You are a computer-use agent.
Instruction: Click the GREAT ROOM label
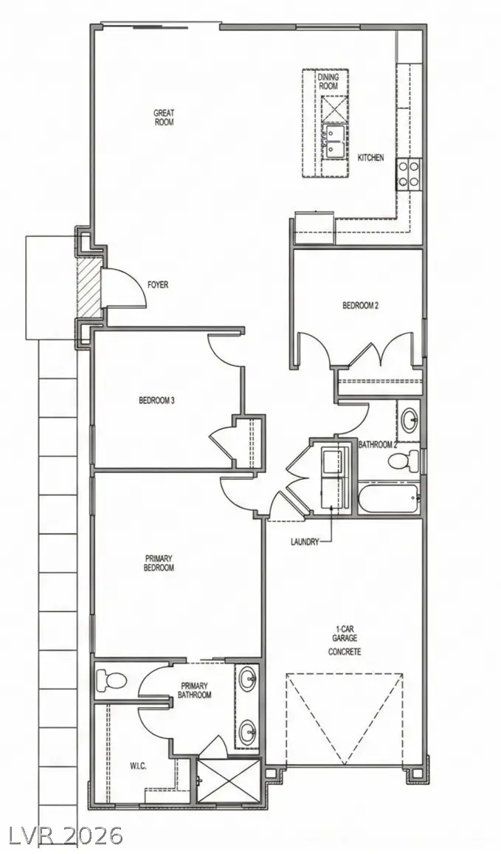pyautogui.click(x=164, y=117)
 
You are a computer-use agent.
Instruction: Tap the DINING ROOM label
pyautogui.click(x=328, y=81)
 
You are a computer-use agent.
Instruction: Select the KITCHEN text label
pyautogui.click(x=370, y=158)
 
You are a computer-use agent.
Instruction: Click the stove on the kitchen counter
pyautogui.click(x=408, y=174)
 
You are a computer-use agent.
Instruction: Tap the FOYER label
pyautogui.click(x=158, y=284)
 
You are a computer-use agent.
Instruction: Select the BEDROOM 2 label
pyautogui.click(x=360, y=305)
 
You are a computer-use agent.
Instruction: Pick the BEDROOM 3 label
pyautogui.click(x=156, y=401)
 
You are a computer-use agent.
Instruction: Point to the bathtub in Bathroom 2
pyautogui.click(x=389, y=500)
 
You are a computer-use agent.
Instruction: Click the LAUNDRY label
pyautogui.click(x=304, y=541)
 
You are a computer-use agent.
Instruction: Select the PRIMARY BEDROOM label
pyautogui.click(x=159, y=563)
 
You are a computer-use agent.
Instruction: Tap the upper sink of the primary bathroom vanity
pyautogui.click(x=247, y=676)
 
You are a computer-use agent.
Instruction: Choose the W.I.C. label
pyautogui.click(x=137, y=765)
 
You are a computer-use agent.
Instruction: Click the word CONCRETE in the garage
pyautogui.click(x=345, y=652)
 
